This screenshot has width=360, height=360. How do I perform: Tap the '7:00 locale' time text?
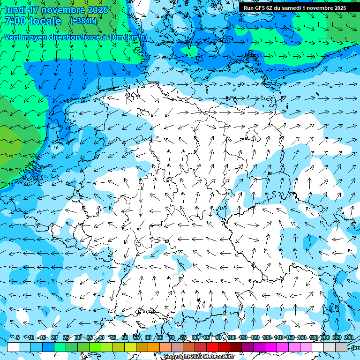33,21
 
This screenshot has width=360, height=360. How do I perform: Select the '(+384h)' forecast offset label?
83,21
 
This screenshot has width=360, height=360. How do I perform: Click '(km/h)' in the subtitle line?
136,37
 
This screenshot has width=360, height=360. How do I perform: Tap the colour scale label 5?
18,337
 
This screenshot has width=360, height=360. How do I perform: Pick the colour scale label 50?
125,337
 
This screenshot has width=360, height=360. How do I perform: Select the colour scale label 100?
232,337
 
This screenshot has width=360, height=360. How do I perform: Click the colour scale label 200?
325,337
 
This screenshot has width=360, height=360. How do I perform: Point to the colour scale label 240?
349,337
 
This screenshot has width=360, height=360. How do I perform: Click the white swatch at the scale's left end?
13,347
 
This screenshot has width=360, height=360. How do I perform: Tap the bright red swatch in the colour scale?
212,347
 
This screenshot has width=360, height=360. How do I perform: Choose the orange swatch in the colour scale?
154,347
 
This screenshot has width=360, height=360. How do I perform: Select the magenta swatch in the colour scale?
271,347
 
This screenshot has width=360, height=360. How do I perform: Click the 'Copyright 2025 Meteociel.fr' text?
199,356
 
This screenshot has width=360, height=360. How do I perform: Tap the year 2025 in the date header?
97,10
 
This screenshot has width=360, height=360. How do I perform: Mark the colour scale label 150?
290,337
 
